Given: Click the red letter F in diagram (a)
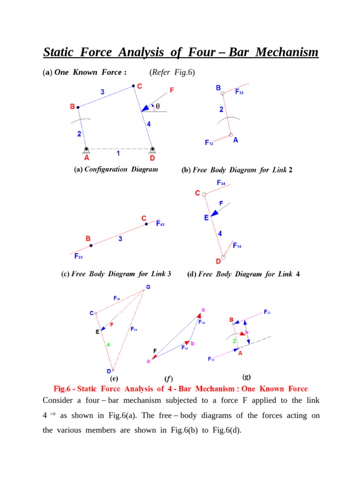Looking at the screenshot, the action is pos(172,89).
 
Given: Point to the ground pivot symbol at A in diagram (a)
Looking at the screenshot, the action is pos(87,150).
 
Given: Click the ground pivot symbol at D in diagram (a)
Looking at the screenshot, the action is pos(152,150).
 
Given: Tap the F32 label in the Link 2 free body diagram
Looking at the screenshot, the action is pos(239,92).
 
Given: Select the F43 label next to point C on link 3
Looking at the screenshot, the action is pos(160,224).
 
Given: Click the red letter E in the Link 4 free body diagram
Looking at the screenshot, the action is pos(206,218).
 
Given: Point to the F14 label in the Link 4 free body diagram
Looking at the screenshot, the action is pos(237,246).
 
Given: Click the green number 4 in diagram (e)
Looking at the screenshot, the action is pos(108,345).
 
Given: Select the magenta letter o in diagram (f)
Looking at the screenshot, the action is pos(203,310).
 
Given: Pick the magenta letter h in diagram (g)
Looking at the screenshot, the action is pos(247,332).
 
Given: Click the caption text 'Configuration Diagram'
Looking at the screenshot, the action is pos(121,169).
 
